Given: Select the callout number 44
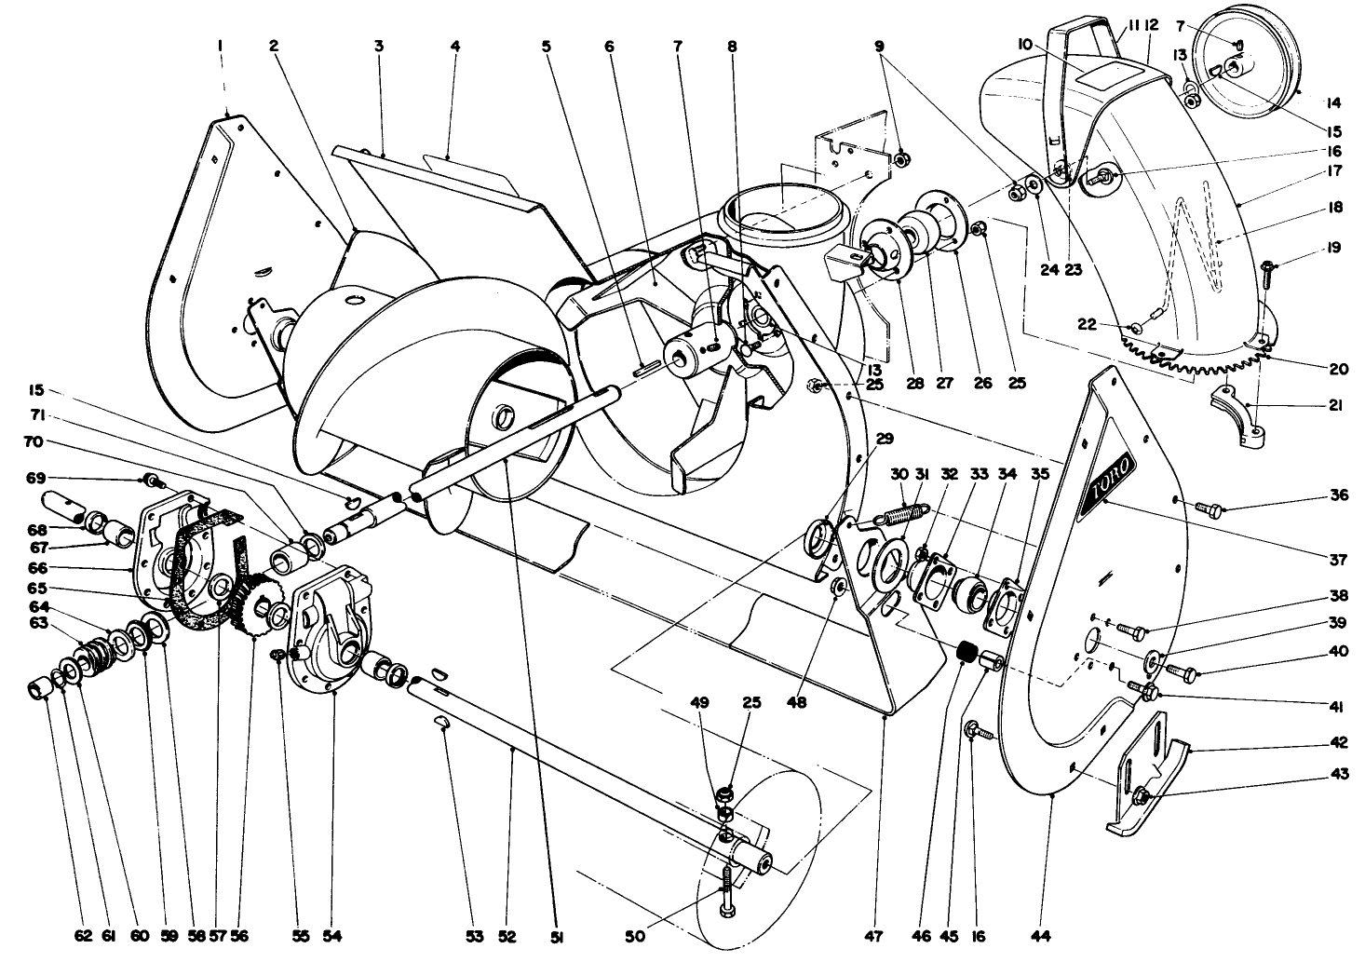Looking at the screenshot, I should [x=1051, y=934].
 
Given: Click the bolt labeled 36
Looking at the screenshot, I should [x=1207, y=508].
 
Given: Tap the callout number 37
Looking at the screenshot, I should [x=1338, y=559].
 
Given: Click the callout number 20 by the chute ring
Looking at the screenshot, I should [x=1338, y=369].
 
